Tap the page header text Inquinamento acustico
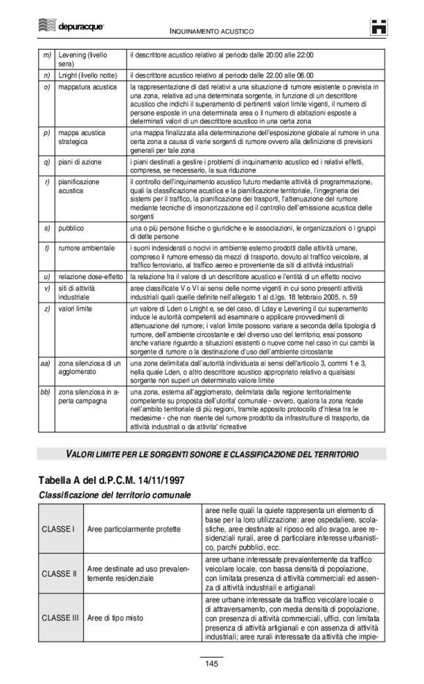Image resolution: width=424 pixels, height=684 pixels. click(x=212, y=31)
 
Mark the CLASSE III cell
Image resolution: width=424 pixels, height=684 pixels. click(x=60, y=617)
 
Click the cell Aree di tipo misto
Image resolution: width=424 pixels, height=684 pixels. click(x=115, y=617)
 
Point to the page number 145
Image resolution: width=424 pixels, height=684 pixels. click(x=212, y=664)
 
